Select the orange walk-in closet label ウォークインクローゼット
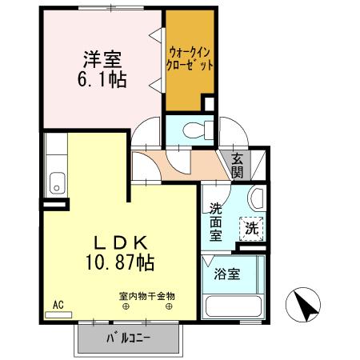pos(190,60)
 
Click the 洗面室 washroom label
pos(216,222)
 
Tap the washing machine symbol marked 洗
pos(252,227)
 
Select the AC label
pos(58,305)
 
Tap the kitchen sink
pos(57,183)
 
